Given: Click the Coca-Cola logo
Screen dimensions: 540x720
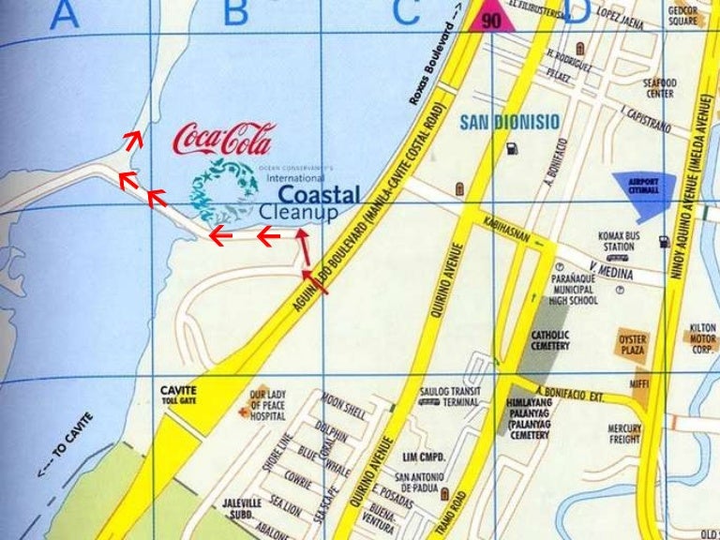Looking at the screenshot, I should click(222, 140).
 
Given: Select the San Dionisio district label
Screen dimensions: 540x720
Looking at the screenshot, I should click(510, 122).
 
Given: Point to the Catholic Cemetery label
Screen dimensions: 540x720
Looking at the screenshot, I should click(550, 339).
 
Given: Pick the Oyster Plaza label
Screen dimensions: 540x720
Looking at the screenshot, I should click(633, 344).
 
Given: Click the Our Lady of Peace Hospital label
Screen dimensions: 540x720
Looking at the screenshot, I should click(267, 406).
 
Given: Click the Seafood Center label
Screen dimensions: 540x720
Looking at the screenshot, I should click(659, 88).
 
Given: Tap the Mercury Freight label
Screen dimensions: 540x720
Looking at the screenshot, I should click(624, 434).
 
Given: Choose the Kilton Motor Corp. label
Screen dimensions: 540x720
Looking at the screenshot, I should click(702, 338).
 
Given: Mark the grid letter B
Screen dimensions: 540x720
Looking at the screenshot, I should click(234, 13).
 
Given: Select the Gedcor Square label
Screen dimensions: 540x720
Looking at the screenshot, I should click(682, 15).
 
